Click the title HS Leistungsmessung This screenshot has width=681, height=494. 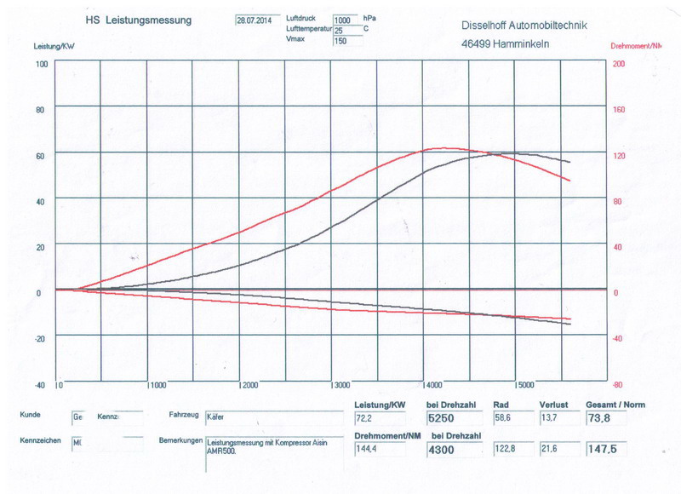coord(138,19)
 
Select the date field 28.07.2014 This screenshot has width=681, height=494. coord(254,20)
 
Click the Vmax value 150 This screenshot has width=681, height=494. coord(342,40)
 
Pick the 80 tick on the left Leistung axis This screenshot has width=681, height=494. coord(39,109)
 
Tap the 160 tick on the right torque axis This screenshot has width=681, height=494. coord(620,109)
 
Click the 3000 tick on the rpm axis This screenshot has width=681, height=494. coord(342,385)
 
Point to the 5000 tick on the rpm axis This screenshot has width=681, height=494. coord(526,385)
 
